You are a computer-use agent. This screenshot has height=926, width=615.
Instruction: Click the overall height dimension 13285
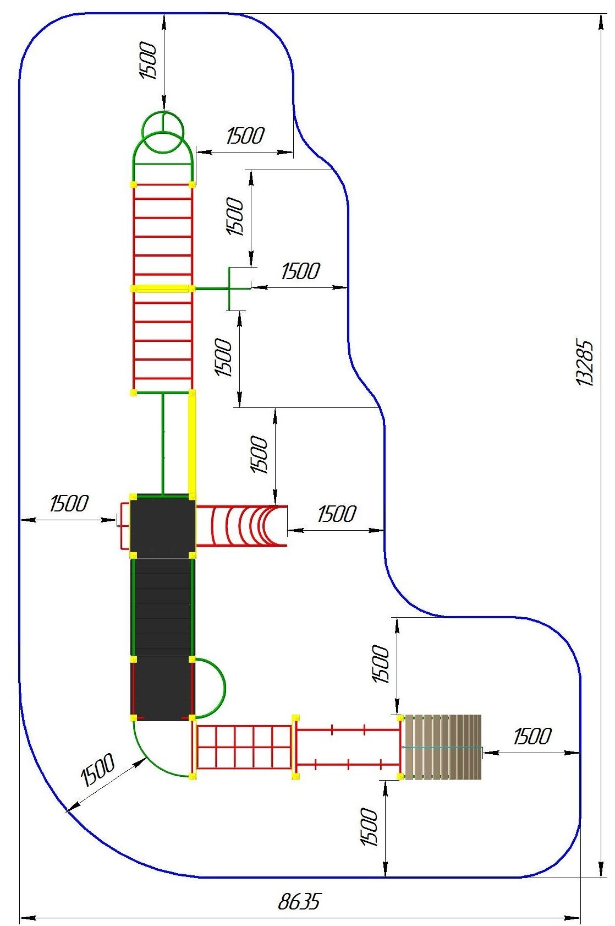pos(585,362)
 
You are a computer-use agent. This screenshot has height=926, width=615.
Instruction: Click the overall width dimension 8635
pos(299,902)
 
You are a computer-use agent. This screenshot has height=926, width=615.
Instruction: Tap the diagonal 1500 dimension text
pos(98,769)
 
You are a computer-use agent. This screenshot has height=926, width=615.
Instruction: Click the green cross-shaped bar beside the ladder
pos(229,288)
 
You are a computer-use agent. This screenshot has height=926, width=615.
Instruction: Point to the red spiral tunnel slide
pos(242,526)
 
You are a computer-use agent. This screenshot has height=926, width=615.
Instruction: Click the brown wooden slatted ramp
pos(443,747)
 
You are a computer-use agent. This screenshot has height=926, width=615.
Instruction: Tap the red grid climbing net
pos(244,747)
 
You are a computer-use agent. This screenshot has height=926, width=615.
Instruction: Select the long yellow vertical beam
pos(192,443)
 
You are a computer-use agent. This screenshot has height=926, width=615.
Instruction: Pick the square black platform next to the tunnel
pos(162,526)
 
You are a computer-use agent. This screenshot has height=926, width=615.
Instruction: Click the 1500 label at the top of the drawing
pos(149,60)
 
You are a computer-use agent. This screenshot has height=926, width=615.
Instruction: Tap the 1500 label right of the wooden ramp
pos(531,736)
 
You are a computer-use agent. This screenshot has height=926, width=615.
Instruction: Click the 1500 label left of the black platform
pos(69,503)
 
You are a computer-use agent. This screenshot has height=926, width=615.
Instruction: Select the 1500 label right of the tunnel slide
pos(337,514)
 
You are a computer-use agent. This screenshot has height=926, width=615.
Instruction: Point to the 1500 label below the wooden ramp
pos(369,826)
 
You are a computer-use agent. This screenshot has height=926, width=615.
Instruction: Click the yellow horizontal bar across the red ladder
pos(162,288)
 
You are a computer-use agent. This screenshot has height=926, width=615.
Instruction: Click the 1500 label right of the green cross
pos(300,271)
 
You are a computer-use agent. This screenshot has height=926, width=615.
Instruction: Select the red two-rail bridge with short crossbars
pos(348,747)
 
